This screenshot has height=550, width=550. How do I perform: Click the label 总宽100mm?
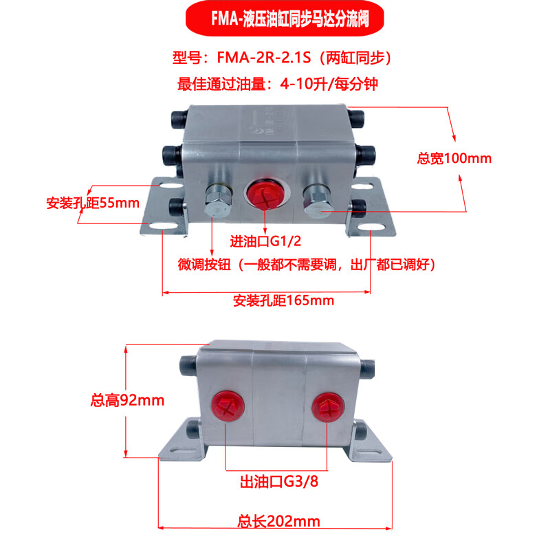pos(454,159)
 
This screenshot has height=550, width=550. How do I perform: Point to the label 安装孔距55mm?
pos(93,203)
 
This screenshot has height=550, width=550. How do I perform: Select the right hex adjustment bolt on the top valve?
pos(317,201)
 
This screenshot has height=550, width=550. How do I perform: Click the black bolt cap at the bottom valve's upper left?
pos(188,364)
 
